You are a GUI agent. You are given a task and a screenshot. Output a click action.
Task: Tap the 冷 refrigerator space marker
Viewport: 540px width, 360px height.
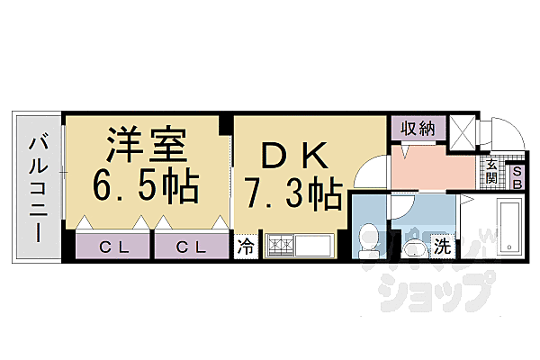coord(245,247)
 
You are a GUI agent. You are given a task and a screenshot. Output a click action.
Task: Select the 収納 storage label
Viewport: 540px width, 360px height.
coord(418,129)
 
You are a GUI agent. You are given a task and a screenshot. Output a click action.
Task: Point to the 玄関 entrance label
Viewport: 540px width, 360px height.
coord(492,170)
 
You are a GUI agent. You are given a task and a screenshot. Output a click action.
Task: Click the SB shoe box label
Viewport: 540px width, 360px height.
coord(517,176)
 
